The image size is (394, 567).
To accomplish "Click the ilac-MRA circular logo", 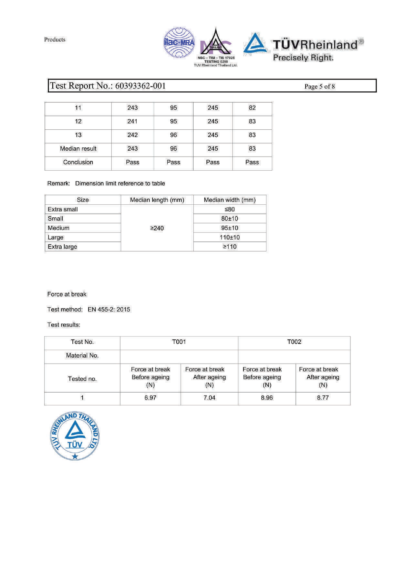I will [179, 43].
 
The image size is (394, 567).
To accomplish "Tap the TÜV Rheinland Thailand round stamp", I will [75, 436].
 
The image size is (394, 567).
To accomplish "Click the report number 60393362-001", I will [140, 86].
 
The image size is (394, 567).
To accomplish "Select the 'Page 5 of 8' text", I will [319, 86].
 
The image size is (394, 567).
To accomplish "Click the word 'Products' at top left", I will [55, 39].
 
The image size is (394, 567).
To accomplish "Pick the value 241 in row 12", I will [132, 121].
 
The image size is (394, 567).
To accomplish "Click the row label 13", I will [78, 135].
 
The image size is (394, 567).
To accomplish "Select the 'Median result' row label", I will [78, 148].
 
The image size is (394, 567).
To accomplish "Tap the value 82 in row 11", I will [252, 108].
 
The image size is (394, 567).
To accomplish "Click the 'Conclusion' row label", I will [78, 162].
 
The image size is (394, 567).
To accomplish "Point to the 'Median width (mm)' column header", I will [230, 200].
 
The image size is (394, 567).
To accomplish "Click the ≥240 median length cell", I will [157, 228].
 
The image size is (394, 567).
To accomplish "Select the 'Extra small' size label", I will [63, 209].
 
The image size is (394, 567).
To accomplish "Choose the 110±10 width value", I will [230, 237].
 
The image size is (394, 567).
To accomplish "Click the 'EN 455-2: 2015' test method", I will [109, 309].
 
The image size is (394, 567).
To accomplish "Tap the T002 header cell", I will [294, 342].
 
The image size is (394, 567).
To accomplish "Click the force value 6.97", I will [150, 398].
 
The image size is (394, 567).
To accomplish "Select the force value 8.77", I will [323, 398].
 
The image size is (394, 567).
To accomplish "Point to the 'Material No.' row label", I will [82, 356].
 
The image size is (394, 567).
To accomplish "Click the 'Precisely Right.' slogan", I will [303, 58].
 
